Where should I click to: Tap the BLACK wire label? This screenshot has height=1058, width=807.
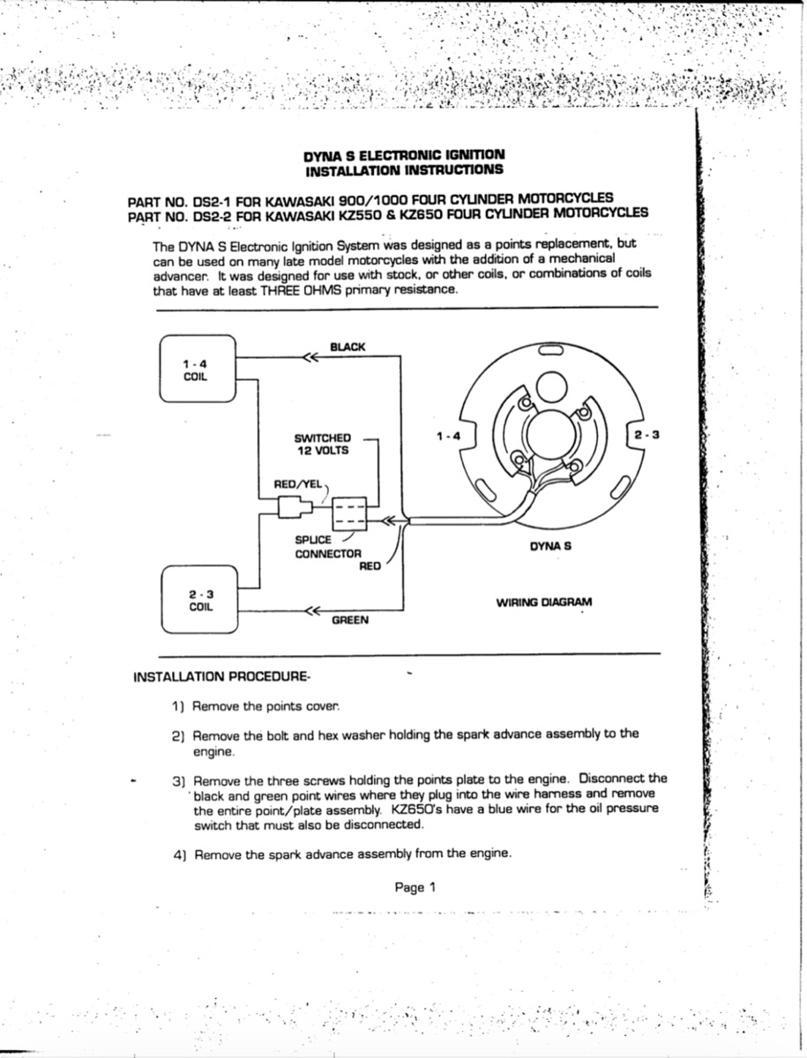(347, 347)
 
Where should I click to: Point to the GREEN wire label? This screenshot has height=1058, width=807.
(350, 620)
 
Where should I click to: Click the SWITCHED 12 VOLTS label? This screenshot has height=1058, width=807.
(322, 443)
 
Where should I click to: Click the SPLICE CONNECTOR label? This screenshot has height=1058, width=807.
(327, 547)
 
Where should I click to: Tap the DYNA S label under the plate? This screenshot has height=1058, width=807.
(550, 547)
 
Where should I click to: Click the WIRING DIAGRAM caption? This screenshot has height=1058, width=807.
(544, 603)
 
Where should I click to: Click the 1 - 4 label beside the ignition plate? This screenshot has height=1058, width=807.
(448, 436)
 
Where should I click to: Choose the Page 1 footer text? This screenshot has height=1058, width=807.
(415, 888)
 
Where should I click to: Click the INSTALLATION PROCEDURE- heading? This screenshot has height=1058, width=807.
(220, 677)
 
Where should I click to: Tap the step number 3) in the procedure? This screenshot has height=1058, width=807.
(177, 781)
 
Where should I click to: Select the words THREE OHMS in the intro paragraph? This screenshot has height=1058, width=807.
(276, 289)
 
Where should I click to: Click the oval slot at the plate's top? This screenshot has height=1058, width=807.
(551, 351)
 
